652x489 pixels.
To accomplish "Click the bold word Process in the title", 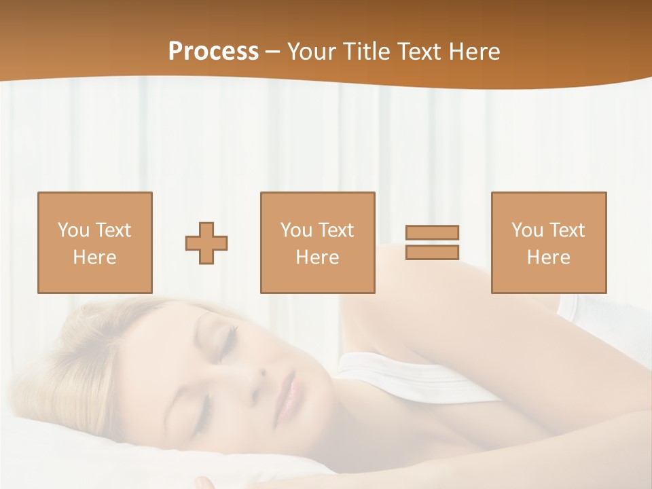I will (213, 52).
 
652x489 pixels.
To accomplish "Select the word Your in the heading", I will (312, 52).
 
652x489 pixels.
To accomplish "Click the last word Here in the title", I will (473, 52).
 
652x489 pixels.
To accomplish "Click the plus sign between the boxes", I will (206, 243).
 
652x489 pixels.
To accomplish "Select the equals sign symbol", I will (432, 242).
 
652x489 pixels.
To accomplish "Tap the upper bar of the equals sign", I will (432, 233).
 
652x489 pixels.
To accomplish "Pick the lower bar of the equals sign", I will (432, 253).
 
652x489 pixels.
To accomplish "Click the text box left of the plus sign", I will (94, 242).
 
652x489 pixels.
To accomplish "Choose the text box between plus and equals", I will (317, 242).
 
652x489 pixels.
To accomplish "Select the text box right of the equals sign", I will (548, 242).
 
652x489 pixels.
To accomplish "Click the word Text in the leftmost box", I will (113, 230).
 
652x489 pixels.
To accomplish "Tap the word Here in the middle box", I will (317, 257).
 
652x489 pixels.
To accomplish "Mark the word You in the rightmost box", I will (527, 230).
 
